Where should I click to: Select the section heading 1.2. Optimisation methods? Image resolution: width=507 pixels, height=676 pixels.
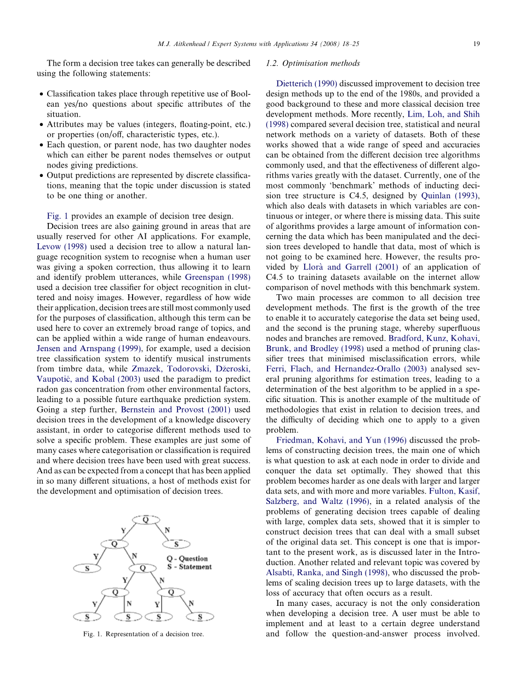coord(312,64)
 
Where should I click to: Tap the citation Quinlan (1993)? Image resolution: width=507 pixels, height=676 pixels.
coord(449,196)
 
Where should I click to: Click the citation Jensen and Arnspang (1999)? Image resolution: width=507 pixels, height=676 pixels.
coord(89,348)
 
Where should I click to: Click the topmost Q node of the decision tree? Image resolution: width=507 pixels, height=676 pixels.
coord(145,519)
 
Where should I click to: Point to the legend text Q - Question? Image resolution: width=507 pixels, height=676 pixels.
coord(187,559)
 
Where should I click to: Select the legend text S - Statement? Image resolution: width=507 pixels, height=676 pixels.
coord(189,566)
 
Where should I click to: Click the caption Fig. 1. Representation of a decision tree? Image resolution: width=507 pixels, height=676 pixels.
coord(144,634)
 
